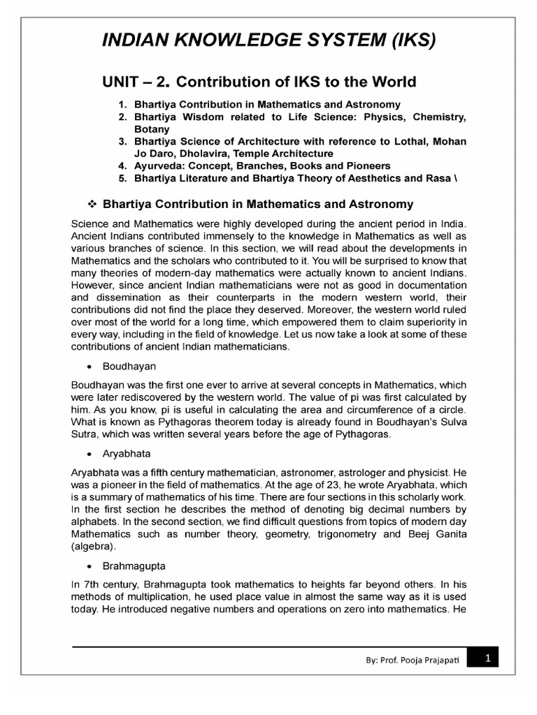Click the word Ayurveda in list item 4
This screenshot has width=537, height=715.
click(x=159, y=165)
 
